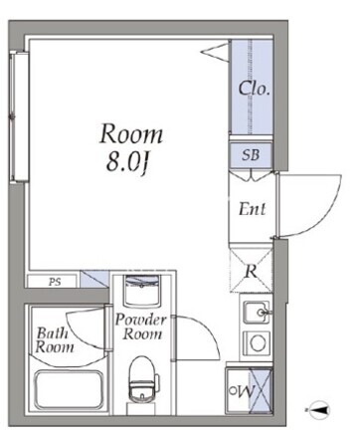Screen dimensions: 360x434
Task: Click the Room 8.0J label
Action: pos(131,147)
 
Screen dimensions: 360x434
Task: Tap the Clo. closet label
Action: pos(255,89)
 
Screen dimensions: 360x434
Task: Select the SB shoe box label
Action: pos(251,155)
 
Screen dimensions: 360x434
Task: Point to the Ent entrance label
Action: pos(253,209)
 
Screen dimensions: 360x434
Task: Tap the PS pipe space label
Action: pos(55,282)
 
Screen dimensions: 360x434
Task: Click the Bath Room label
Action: pos(55,340)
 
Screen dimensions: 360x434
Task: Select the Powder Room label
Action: pos(141,326)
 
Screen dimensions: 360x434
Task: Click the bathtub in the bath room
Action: pos(69,390)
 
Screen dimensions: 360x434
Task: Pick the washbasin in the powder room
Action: pos(141,291)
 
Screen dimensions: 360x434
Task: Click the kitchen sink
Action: pos(257,313)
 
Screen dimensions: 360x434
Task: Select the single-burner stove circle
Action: pos(258,342)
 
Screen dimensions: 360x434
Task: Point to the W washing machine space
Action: pos(249,391)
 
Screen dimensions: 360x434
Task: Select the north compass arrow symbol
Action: pos(318,410)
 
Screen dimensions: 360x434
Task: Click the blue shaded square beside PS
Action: pos(94,279)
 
